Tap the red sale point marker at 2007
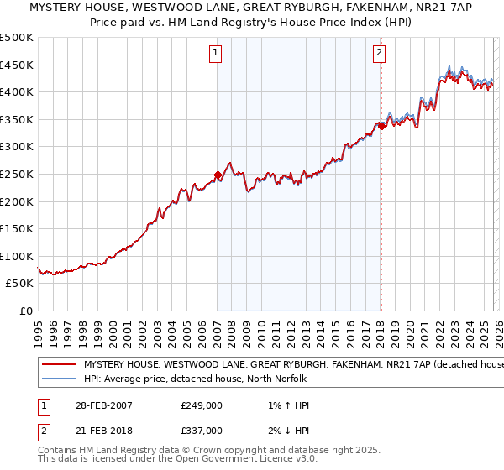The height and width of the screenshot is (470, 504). (x=218, y=175)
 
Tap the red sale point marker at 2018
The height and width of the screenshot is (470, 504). (x=381, y=127)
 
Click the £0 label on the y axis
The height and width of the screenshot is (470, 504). (x=25, y=311)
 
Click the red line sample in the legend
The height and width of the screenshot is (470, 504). (x=59, y=364)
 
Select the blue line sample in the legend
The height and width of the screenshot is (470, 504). (x=59, y=379)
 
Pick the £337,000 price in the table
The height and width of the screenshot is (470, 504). (x=202, y=430)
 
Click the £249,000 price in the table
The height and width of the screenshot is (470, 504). (x=202, y=405)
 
